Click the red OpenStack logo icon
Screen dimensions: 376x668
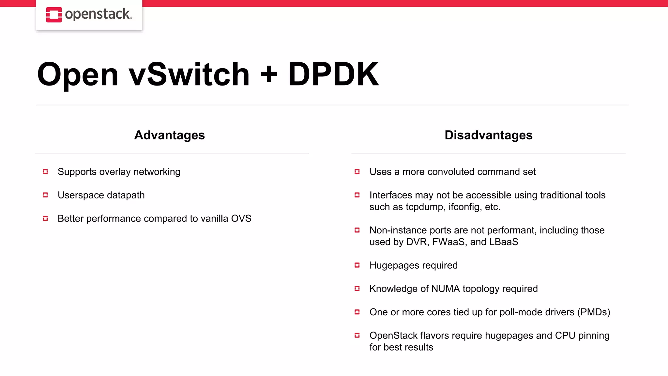(54, 15)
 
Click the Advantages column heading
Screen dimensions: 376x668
(169, 135)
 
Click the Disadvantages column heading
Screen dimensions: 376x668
(488, 135)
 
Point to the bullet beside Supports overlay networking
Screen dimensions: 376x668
(45, 172)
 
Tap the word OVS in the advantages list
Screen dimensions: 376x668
(241, 218)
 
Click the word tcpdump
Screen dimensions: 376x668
(425, 207)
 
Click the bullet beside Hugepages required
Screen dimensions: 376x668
(357, 265)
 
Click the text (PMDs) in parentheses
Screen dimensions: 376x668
(594, 312)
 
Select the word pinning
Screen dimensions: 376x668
(594, 336)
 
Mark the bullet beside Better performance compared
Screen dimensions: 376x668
(45, 218)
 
